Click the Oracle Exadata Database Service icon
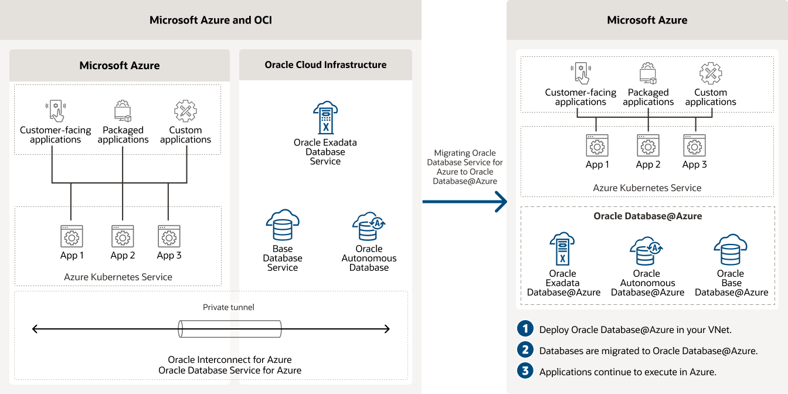(325, 117)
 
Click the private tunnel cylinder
(230, 329)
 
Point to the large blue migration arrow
(464, 202)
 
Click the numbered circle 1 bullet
(524, 329)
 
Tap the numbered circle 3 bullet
(524, 371)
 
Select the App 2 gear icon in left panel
(123, 236)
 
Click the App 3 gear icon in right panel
(694, 145)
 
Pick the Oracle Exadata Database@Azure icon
(562, 249)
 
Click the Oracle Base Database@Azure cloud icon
(731, 250)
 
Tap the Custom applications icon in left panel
(185, 111)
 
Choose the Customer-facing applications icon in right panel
(580, 74)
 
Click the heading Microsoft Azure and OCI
(210, 20)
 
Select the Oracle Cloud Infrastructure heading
(325, 64)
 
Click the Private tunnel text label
(229, 307)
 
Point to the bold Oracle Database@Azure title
(647, 216)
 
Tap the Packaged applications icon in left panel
(123, 111)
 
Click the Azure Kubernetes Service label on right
(647, 188)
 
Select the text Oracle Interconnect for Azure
(230, 359)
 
